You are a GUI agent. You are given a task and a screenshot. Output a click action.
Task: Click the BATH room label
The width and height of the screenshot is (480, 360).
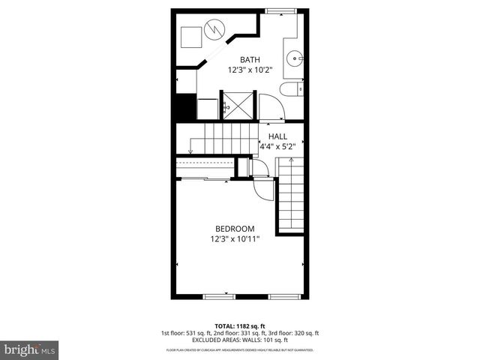pyautogui.click(x=250, y=59)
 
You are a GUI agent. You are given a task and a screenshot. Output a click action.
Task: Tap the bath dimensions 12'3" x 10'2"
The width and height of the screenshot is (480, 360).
pyautogui.click(x=250, y=70)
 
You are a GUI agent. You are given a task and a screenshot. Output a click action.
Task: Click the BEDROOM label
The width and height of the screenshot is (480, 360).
pyautogui.click(x=235, y=229)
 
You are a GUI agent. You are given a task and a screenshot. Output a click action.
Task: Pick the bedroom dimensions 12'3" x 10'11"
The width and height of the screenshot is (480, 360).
pyautogui.click(x=235, y=239)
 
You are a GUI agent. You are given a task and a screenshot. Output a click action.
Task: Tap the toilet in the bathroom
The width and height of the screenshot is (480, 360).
pyautogui.click(x=289, y=91)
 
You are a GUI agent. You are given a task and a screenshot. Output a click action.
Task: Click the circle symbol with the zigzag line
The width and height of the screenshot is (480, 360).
pyautogui.click(x=214, y=31)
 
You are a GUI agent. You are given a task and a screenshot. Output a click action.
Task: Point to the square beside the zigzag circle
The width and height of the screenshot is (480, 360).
pyautogui.click(x=190, y=34)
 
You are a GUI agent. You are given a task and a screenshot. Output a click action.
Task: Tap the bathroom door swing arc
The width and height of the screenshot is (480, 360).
pyautogui.click(x=270, y=106)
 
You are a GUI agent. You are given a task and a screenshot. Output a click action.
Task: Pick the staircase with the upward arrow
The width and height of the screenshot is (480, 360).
pyautogui.click(x=291, y=199)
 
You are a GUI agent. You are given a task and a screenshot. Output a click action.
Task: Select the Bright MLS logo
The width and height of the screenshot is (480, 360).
pyautogui.click(x=30, y=349)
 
